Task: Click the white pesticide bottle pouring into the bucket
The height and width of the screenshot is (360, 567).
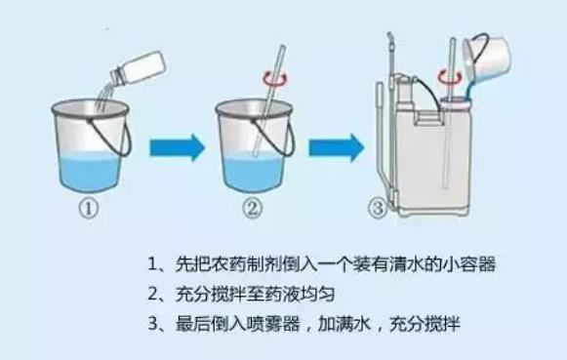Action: click(139, 69)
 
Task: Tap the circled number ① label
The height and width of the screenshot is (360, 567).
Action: click(89, 209)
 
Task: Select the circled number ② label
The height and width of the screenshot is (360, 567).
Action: click(252, 209)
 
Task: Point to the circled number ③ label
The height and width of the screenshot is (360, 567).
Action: click(378, 209)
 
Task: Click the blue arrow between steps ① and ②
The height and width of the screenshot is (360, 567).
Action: click(178, 147)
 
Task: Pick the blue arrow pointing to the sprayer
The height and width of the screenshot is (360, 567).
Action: click(337, 147)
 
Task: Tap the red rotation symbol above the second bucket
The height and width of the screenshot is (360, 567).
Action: click(275, 79)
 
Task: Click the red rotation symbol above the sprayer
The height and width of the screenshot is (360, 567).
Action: click(450, 78)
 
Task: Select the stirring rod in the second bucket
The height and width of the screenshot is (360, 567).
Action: click(269, 100)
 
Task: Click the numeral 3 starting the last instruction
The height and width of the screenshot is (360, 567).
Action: click(153, 324)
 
